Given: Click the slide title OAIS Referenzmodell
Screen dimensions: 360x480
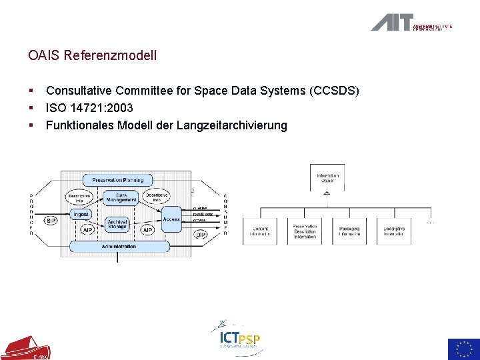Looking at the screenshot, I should [x=93, y=55].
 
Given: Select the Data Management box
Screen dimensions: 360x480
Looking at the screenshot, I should [x=121, y=197].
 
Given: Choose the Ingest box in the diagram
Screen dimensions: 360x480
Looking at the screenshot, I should [x=81, y=215].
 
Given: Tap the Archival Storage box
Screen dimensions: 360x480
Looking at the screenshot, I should [x=117, y=225].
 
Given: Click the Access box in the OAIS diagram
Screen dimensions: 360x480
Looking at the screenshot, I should [x=171, y=219].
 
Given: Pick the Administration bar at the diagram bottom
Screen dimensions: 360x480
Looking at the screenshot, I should [x=119, y=247].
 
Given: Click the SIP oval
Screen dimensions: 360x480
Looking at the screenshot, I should [x=51, y=221].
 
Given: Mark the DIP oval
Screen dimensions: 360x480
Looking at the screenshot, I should [x=200, y=234].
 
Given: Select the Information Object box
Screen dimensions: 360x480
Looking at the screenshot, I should [x=327, y=178].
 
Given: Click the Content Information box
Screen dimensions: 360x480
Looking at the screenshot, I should [x=260, y=231].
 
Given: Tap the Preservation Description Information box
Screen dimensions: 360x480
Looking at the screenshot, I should [x=305, y=231].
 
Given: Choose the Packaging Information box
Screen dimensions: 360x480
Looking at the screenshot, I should [x=349, y=231].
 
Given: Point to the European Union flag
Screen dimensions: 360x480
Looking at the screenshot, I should [x=463, y=349].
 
